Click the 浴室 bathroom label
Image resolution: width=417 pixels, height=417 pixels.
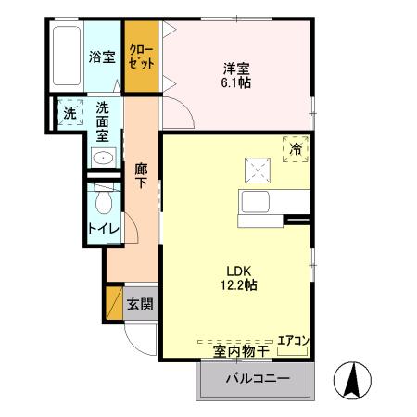(102, 57)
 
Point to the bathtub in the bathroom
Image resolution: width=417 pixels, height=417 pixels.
(68, 57)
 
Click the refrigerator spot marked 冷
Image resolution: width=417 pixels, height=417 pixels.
(296, 147)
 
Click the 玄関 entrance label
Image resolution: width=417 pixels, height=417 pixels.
(141, 303)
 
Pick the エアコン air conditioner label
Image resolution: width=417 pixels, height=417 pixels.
(293, 340)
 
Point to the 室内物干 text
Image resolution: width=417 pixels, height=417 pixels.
(241, 351)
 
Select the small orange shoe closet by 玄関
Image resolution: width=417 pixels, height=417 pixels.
(114, 303)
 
